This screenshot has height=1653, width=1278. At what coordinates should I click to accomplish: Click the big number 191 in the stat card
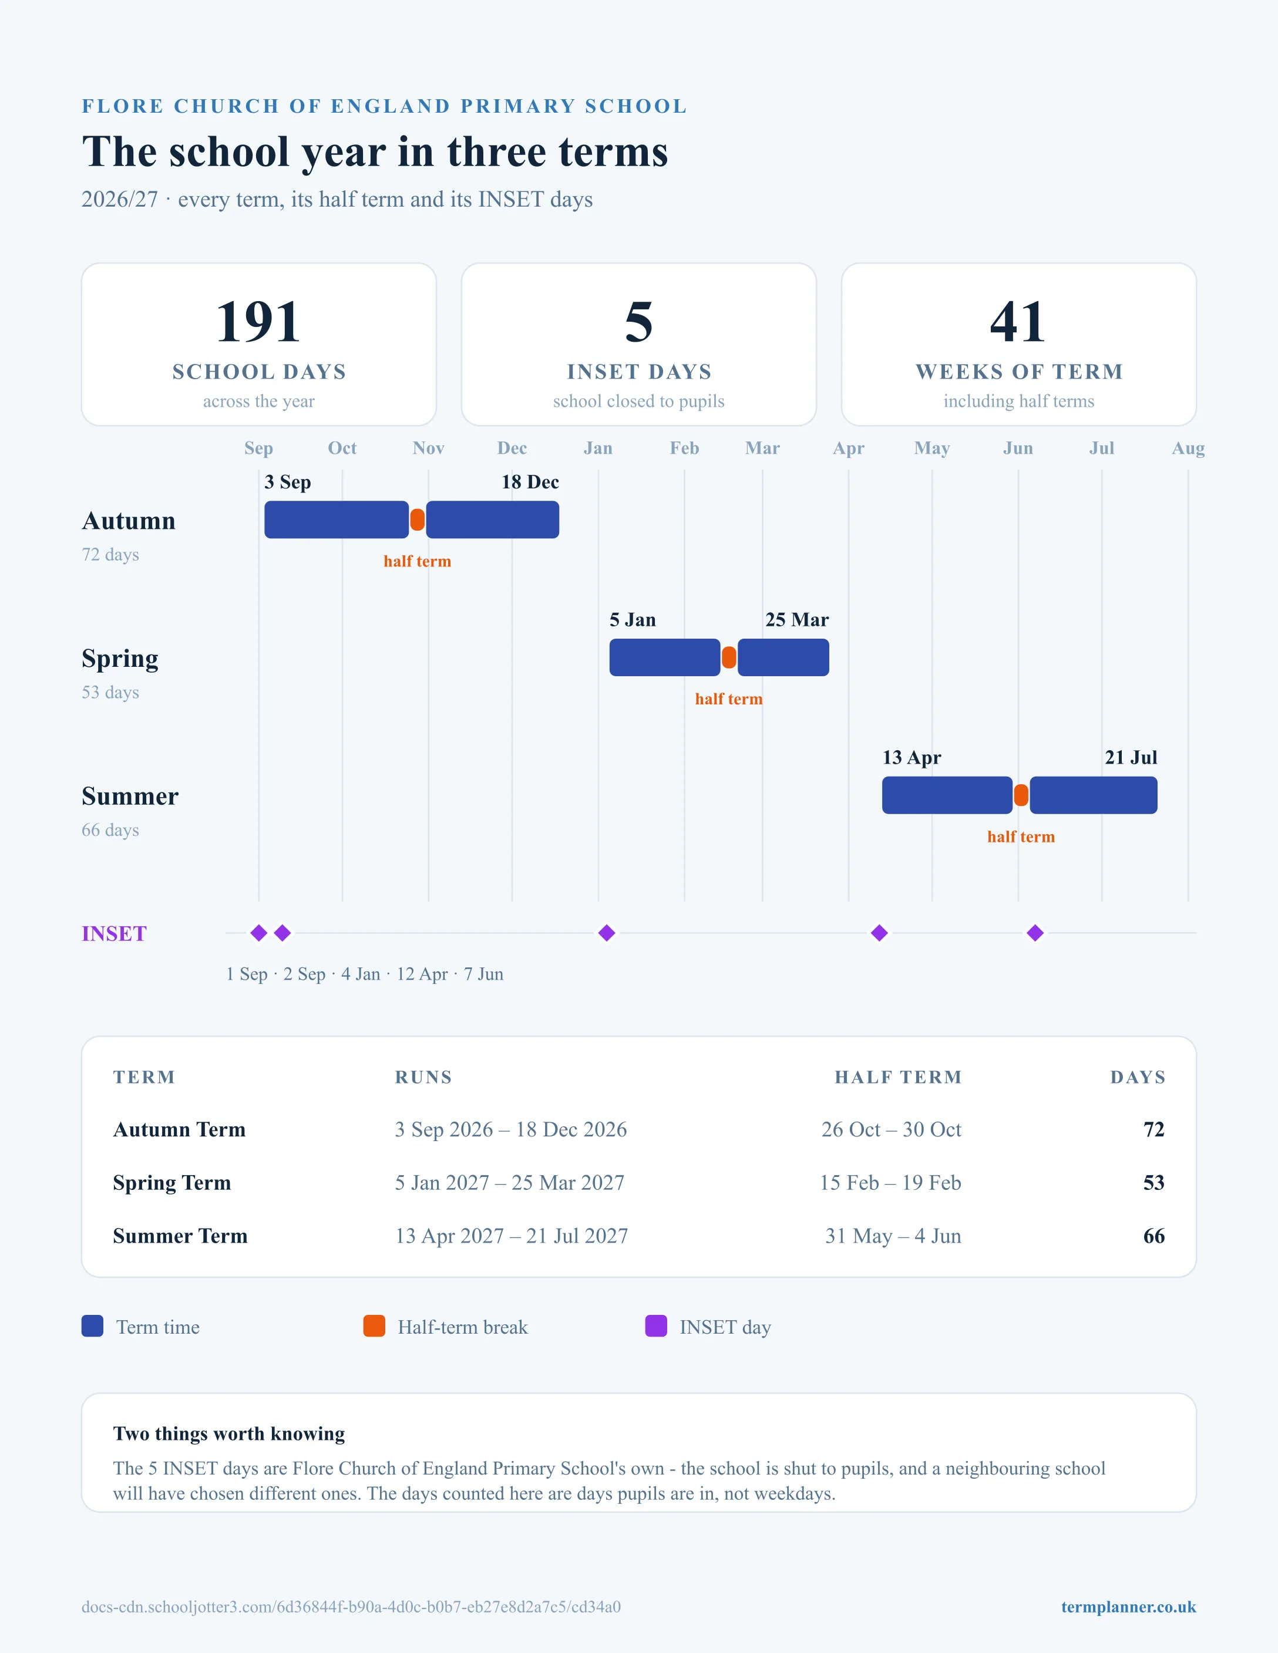point(258,322)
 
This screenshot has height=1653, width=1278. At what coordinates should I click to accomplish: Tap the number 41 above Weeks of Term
point(1018,322)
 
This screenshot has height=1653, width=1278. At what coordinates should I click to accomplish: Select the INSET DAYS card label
point(639,372)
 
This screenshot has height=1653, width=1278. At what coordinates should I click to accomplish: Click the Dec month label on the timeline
point(512,448)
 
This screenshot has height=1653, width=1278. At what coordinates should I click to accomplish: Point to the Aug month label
point(1188,448)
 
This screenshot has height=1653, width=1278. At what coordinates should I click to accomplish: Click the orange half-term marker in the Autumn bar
point(417,520)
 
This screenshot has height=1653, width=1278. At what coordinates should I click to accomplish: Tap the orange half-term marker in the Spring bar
point(729,657)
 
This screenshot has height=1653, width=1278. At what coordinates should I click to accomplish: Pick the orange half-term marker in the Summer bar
point(1021,795)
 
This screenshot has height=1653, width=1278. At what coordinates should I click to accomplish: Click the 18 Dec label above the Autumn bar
point(530,482)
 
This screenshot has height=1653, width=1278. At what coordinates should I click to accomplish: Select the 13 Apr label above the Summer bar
point(912,758)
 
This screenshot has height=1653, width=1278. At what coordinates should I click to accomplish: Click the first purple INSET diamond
point(259,933)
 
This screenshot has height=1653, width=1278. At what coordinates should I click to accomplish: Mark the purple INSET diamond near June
point(1035,933)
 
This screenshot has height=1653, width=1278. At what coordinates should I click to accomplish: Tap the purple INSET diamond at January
point(607,933)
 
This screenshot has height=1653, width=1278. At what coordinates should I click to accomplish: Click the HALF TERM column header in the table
point(898,1077)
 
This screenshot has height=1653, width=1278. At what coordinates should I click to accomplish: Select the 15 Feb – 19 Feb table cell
point(890,1183)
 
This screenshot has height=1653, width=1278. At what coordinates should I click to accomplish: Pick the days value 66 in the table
point(1154,1236)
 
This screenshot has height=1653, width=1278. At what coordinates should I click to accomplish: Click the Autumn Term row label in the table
point(180,1129)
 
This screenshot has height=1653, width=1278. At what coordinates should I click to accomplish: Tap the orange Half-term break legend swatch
point(374,1326)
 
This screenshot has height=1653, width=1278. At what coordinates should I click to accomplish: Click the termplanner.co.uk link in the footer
point(1128,1607)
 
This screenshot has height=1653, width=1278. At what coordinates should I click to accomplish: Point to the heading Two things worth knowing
point(228,1433)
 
